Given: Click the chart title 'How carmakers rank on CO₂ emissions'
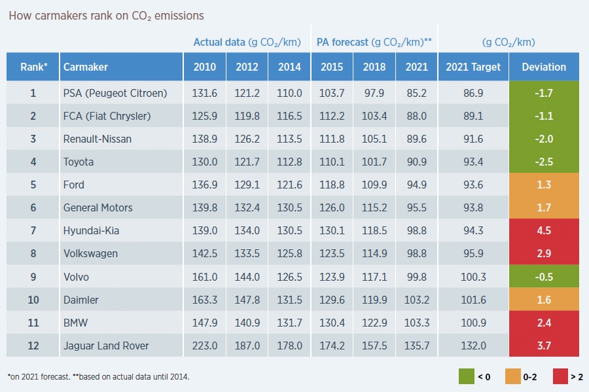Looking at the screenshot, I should coord(106,15).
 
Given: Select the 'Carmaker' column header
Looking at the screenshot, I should coord(86,67).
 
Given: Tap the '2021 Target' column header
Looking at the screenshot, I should coord(473,67).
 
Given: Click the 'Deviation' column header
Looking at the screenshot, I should coord(544,67).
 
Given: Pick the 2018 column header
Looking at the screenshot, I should coord(374,67).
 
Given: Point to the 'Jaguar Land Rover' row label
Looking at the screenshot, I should coord(106,346).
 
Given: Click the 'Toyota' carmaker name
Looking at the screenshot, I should coord(79,162).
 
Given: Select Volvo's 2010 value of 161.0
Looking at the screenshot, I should coord(204,277).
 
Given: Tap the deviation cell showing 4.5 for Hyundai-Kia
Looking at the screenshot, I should coord(544,230).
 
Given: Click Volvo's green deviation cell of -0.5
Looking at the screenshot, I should coord(544,277).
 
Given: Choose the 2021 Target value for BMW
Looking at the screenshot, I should coord(473,323).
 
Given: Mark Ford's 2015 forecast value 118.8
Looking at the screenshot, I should coord(332,185).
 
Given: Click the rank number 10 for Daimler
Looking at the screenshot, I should coord(33,300).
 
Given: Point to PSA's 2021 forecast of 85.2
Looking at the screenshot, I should coord(417,93).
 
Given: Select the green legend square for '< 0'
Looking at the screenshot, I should coord(467,376).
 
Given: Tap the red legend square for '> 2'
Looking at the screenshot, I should coord(561,376).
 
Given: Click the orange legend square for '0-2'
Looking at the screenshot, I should coord(514,376).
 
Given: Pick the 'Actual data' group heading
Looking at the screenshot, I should coord(219,43).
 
